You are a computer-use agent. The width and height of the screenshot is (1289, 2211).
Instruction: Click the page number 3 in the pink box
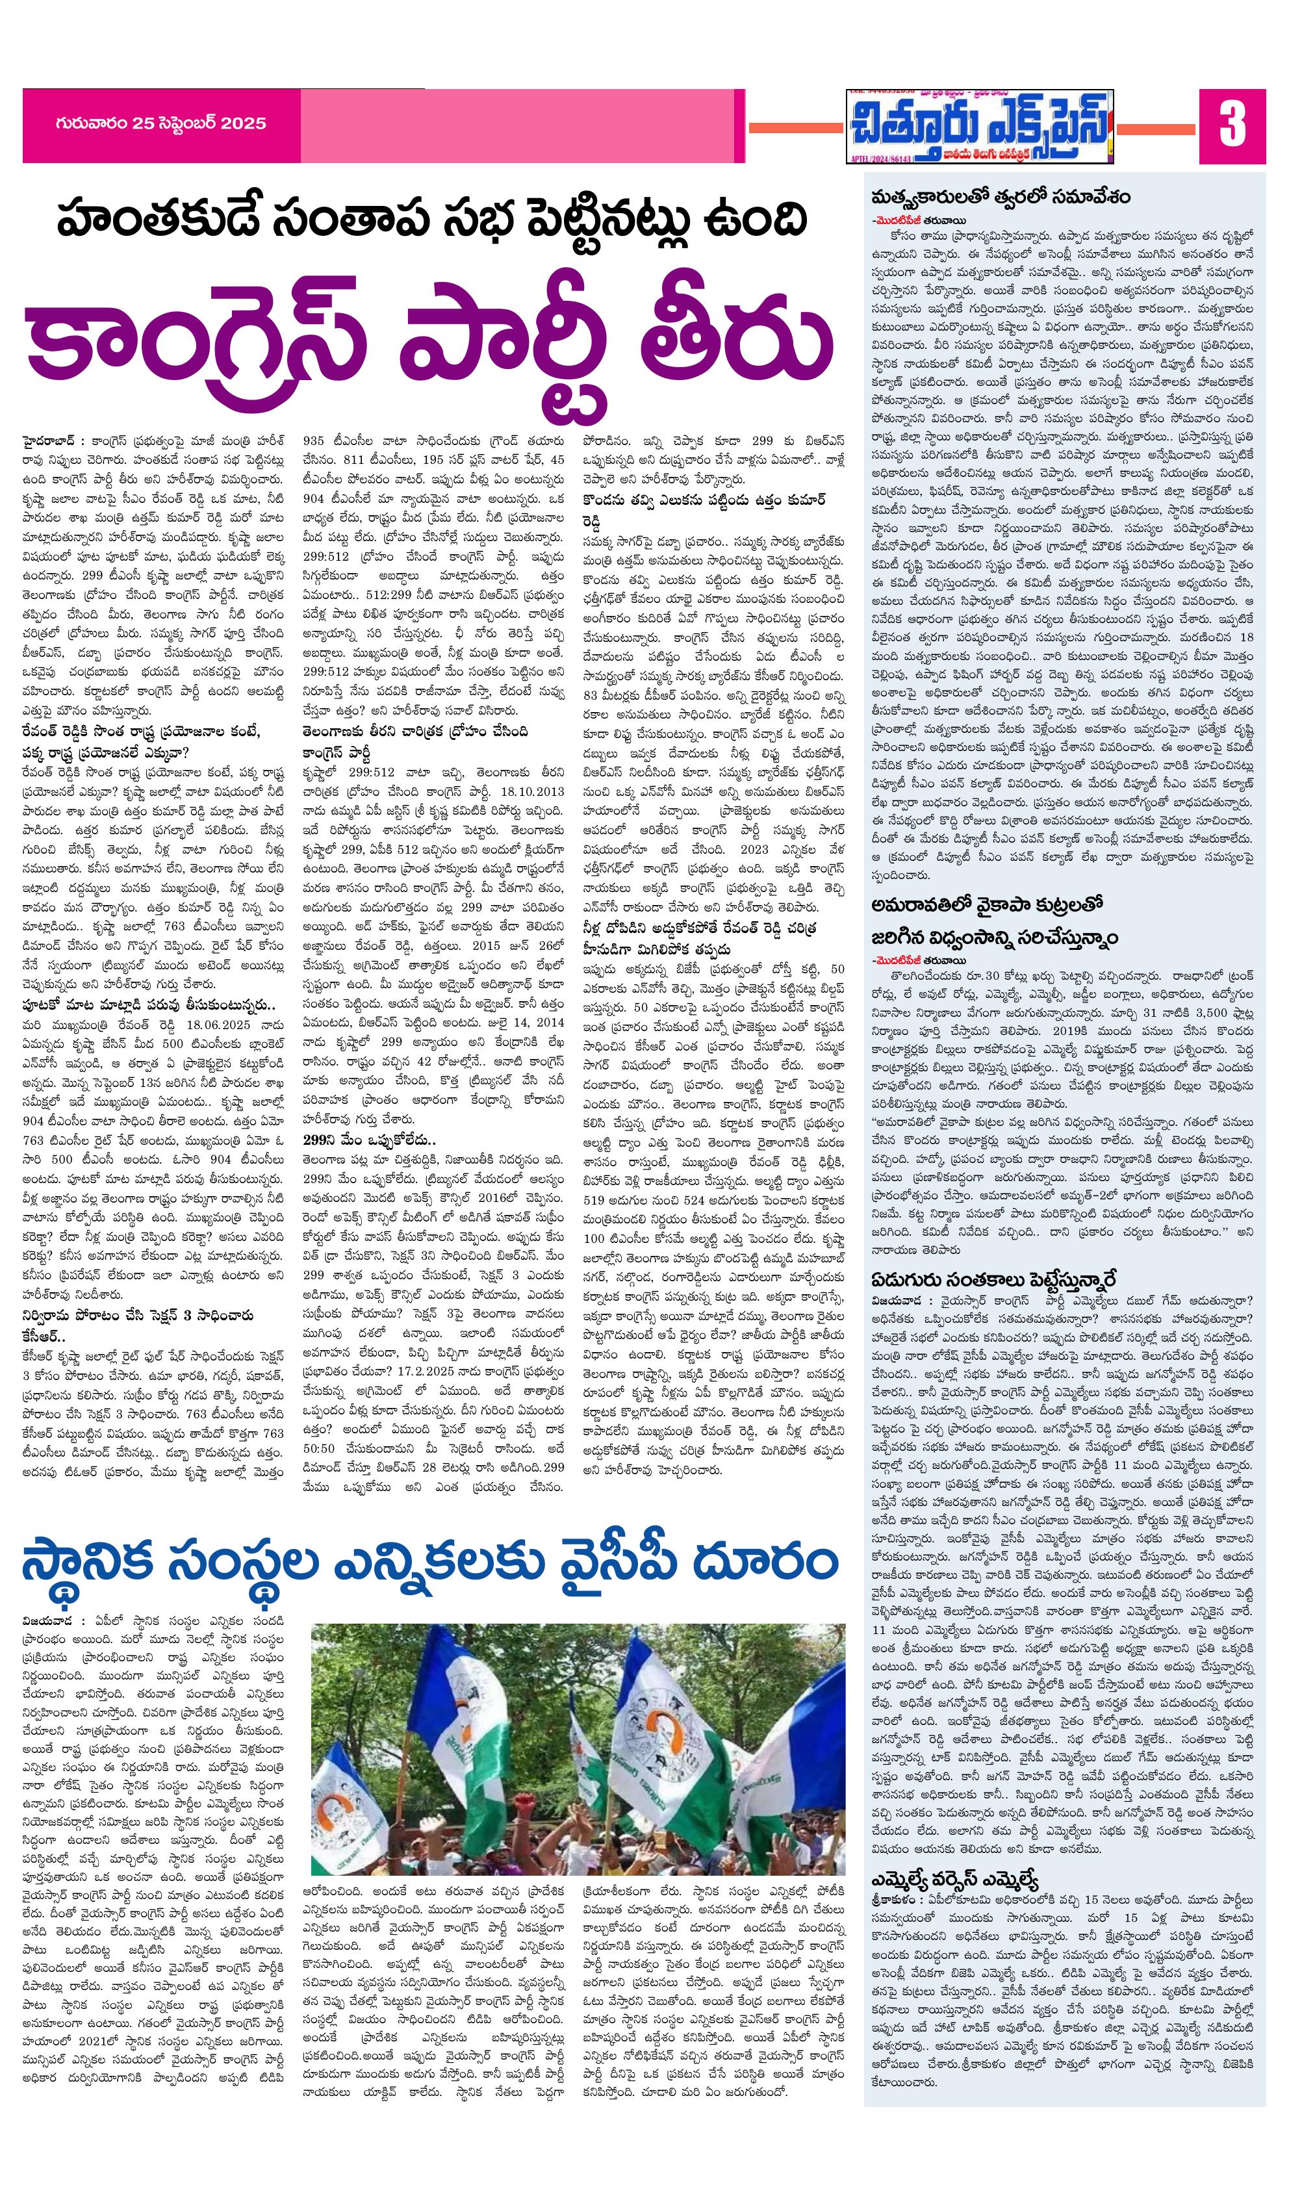coord(1232,125)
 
